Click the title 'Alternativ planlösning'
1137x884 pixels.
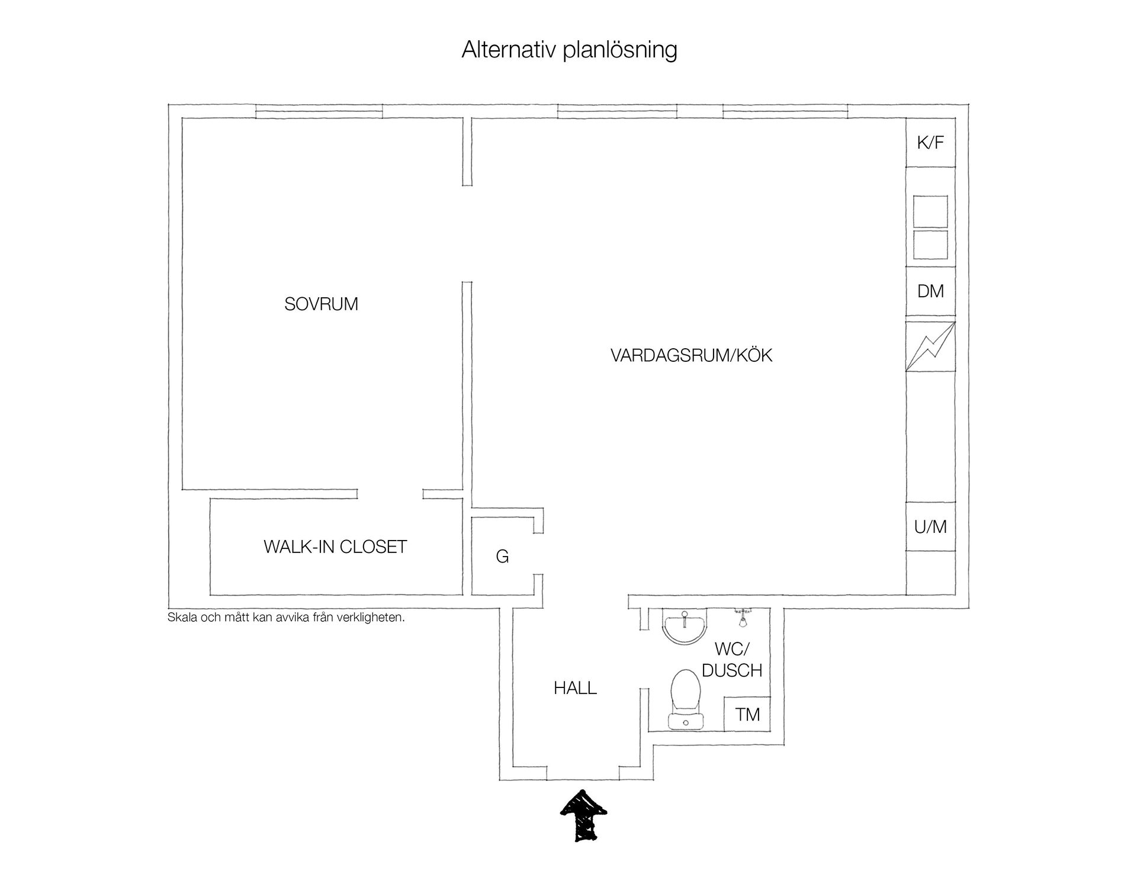[x=569, y=50]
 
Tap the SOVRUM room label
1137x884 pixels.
[x=321, y=304]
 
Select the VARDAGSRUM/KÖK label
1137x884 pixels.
[x=691, y=355]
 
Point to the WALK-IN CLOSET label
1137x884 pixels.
[x=335, y=547]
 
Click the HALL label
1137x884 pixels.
[x=575, y=688]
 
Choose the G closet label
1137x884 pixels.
[x=502, y=557]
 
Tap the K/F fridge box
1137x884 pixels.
[x=930, y=143]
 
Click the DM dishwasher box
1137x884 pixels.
[x=930, y=291]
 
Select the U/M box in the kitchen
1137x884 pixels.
[x=930, y=526]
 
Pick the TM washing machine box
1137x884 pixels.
[x=747, y=714]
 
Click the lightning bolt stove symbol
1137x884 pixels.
[x=930, y=347]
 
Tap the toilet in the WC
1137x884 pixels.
[x=686, y=699]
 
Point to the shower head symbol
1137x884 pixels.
[x=742, y=617]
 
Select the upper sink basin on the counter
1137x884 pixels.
[x=930, y=211]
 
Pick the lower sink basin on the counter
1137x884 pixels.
[x=930, y=245]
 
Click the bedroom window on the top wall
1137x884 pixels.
[x=319, y=111]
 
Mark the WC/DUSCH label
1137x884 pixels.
[x=732, y=660]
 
